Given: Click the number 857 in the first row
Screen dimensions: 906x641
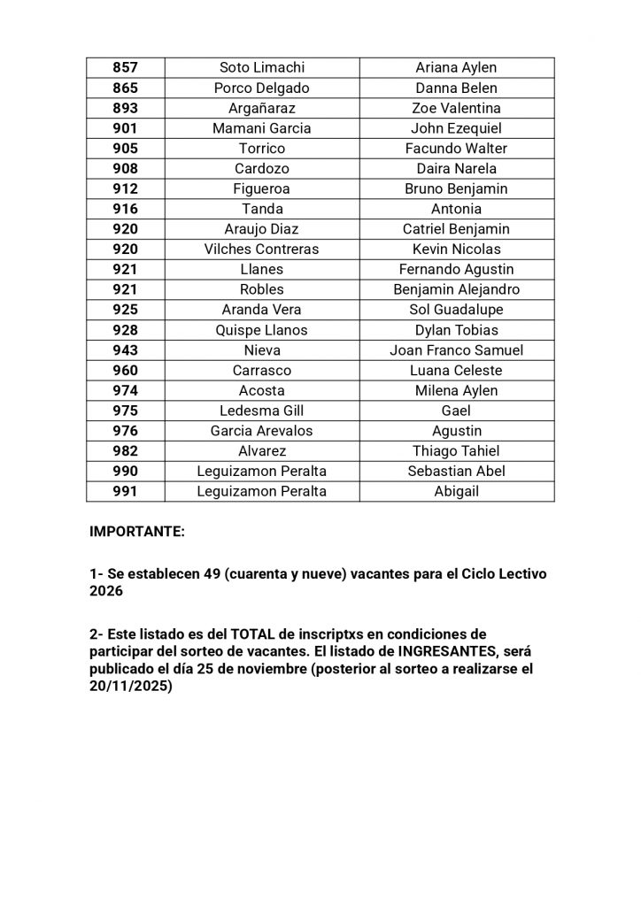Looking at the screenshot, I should click(x=127, y=67).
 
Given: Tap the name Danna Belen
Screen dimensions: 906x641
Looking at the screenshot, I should click(x=456, y=88).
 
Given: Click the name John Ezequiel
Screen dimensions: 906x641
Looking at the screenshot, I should click(x=456, y=128).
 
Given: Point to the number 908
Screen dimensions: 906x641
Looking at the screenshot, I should click(x=127, y=168).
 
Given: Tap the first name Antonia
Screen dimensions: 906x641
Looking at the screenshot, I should click(x=456, y=209).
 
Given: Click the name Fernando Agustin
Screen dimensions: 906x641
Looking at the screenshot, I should click(x=456, y=269).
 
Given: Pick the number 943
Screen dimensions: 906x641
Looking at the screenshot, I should click(x=127, y=350).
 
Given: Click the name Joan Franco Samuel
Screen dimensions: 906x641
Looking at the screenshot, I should click(x=456, y=350).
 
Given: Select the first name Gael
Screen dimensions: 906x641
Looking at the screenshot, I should click(x=456, y=411).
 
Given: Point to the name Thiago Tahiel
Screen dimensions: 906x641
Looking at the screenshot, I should click(x=456, y=451).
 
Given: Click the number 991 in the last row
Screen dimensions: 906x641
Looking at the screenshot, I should click(x=127, y=491).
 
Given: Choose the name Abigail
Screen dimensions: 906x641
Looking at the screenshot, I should click(x=456, y=491).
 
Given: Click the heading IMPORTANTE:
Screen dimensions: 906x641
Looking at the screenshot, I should click(x=138, y=533).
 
